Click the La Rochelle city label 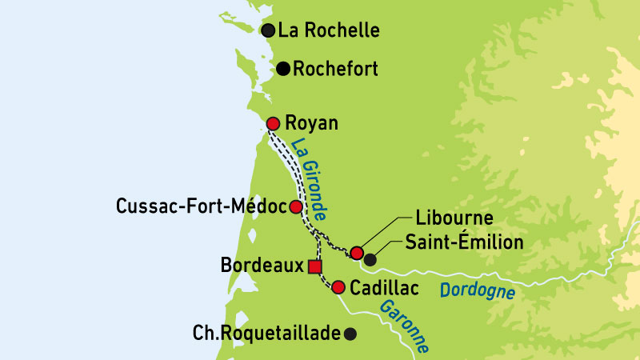click(x=328, y=31)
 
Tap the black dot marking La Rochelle click(x=268, y=30)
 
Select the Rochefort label click(x=335, y=69)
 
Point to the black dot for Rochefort click(x=283, y=69)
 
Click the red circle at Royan click(x=273, y=123)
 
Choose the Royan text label click(x=313, y=123)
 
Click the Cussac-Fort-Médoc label click(x=201, y=207)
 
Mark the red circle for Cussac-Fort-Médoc click(x=295, y=207)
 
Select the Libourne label click(x=454, y=218)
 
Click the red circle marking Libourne click(x=358, y=253)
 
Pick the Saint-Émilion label click(x=464, y=241)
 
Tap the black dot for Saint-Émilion click(x=370, y=259)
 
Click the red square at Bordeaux click(x=315, y=266)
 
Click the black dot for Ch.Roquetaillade click(x=350, y=334)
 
